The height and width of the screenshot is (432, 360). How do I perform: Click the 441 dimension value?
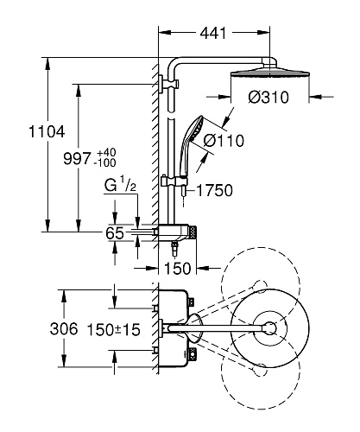(213, 33)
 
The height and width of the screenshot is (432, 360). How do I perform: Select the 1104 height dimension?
(47, 132)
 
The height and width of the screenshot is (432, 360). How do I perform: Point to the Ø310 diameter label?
(268, 98)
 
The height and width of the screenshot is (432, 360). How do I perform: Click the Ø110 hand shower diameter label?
(224, 141)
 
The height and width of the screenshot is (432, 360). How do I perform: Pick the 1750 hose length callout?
(215, 191)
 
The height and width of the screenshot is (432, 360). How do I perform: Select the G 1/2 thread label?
(120, 185)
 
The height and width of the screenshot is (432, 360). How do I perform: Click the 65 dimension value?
(115, 233)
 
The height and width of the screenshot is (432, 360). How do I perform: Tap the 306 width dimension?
(64, 329)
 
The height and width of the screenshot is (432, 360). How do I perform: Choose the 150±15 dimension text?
(113, 330)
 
